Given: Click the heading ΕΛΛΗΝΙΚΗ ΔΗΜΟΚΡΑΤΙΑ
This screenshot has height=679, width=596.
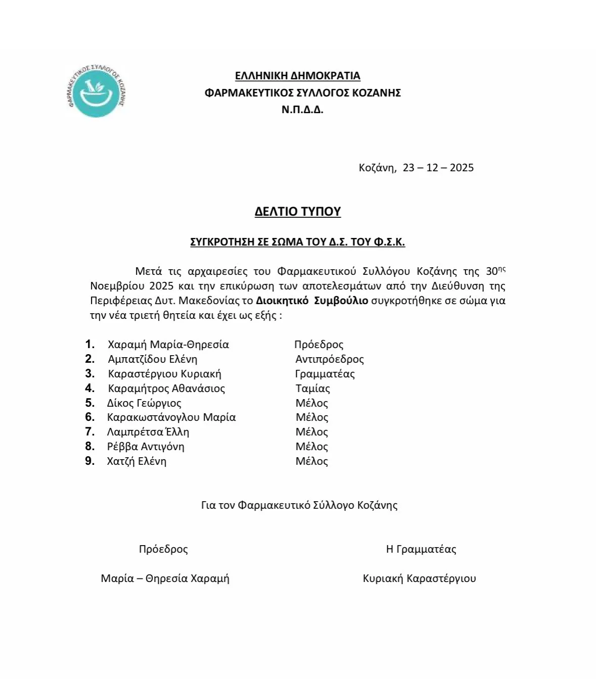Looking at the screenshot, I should click(x=297, y=76).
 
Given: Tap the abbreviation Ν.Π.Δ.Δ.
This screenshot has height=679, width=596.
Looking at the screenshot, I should click(x=302, y=109).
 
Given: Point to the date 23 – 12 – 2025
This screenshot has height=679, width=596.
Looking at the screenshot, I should click(x=438, y=168).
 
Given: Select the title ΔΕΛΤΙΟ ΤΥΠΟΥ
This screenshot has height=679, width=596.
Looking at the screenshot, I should click(x=297, y=211).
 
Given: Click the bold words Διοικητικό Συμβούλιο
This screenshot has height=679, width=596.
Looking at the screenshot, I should click(x=312, y=301).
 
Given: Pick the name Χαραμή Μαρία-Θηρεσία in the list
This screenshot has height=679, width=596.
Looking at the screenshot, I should click(x=168, y=345).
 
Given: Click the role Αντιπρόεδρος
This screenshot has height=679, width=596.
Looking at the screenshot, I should click(x=330, y=359).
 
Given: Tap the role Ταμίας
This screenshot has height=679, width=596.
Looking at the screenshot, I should click(x=312, y=389).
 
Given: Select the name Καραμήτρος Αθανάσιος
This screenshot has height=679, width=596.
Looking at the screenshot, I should click(x=166, y=389).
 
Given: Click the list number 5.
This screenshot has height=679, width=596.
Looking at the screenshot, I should click(x=89, y=403).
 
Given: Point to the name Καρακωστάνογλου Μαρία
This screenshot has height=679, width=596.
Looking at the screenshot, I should click(x=171, y=417).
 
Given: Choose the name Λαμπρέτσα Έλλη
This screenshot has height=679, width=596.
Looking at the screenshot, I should click(x=148, y=432).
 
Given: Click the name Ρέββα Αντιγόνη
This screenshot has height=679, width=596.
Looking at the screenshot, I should click(x=146, y=447).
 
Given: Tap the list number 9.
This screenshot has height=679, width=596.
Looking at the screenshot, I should click(x=89, y=461).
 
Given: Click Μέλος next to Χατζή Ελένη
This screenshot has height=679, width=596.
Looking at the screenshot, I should click(x=311, y=461).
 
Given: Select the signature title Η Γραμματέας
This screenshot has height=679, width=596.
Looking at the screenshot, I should click(x=421, y=549).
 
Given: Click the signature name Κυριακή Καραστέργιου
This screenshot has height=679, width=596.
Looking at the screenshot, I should click(x=419, y=578).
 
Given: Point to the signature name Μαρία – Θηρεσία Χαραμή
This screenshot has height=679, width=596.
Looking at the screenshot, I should click(x=165, y=578).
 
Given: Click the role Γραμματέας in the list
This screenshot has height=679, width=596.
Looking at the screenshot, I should click(x=325, y=374).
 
